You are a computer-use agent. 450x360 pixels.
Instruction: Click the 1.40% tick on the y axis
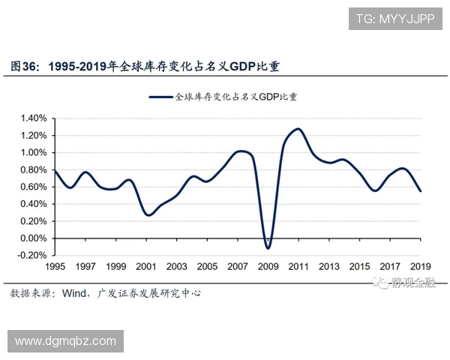tap(33, 118)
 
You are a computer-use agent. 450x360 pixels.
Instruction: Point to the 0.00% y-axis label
tap(33, 238)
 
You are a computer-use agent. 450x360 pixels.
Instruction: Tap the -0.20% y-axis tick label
tap(31, 256)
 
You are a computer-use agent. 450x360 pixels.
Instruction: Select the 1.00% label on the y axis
tap(33, 153)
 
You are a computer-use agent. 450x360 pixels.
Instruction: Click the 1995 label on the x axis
tap(55, 267)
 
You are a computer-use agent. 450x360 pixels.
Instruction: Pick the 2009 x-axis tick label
tap(268, 267)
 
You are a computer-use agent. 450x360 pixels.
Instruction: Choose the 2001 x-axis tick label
tap(146, 267)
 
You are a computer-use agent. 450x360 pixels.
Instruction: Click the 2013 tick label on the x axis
tap(329, 267)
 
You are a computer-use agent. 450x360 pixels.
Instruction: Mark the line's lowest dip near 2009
tap(268, 248)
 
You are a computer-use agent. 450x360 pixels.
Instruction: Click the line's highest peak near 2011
tap(298, 129)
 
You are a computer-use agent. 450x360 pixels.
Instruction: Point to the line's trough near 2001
tap(148, 215)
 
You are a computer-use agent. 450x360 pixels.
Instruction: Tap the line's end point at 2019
tap(421, 191)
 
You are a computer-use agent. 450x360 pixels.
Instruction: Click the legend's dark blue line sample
tap(161, 97)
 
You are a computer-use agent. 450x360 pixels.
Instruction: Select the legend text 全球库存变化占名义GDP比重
tap(236, 97)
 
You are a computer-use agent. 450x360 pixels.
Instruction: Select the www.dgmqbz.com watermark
tap(66, 341)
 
